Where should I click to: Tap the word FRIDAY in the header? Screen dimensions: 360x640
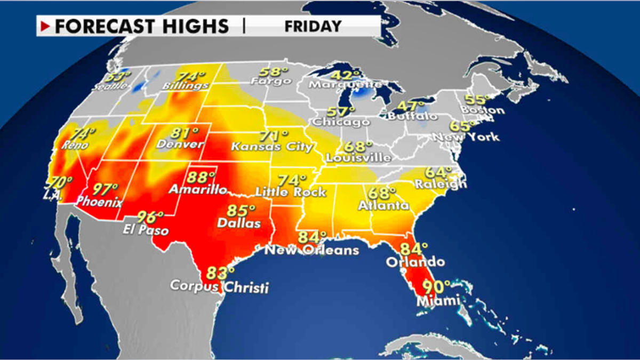[313, 26]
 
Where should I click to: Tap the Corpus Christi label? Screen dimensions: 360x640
[219, 286]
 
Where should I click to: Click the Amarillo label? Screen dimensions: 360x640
[197, 189]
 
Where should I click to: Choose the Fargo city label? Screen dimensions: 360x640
[272, 82]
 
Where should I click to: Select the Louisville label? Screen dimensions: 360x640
[358, 158]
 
